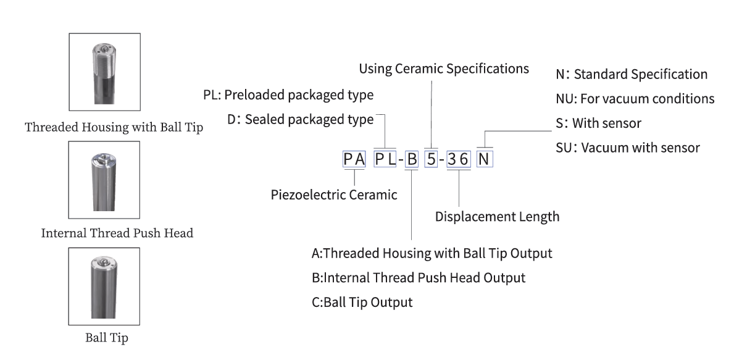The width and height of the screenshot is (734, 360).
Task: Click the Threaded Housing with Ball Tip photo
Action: point(104,73)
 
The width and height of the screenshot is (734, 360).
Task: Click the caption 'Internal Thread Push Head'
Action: point(117,233)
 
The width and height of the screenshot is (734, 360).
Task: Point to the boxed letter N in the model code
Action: point(485,160)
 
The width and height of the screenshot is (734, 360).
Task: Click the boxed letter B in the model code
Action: point(412,160)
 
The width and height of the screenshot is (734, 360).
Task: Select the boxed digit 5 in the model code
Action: point(431,160)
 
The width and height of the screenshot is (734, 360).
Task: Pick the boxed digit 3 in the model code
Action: point(453,160)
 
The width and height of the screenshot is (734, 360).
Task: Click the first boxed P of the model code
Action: point(349,160)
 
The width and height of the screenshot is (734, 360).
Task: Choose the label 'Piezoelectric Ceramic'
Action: point(334,195)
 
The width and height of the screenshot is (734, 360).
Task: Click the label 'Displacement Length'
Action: point(497,217)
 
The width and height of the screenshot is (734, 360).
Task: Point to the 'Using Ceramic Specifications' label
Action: point(443,69)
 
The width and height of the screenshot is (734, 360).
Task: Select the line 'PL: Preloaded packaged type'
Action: point(288,96)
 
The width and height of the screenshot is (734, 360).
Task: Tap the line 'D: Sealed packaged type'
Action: point(300,120)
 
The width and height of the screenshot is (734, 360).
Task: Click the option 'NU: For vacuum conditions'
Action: point(635,99)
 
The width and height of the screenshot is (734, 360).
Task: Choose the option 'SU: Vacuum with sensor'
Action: point(628,148)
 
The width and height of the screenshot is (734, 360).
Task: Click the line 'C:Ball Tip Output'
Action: point(362,303)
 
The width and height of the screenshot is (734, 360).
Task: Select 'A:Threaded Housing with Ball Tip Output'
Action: point(432,253)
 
